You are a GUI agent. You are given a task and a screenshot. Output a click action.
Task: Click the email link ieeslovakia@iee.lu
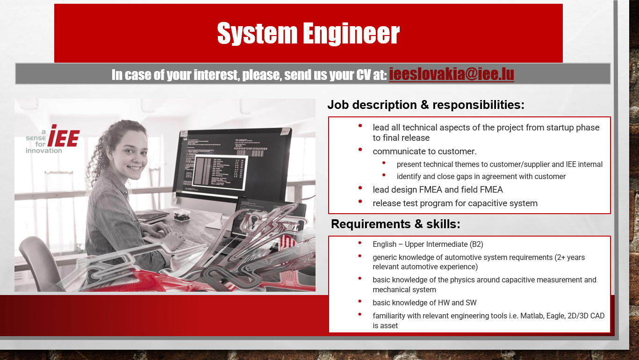coord(451,74)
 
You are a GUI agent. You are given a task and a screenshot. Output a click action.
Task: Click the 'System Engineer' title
coord(309,33)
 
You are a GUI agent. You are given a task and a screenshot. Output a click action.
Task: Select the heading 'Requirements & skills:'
coord(395,224)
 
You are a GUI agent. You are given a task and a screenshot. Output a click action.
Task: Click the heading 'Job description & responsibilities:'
coord(426,105)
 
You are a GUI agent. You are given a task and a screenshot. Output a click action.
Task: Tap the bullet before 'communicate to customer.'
coord(360,150)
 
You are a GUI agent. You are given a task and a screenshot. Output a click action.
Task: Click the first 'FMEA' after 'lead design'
coord(431,190)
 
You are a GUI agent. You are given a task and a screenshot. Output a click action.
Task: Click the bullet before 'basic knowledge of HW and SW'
coord(360,301)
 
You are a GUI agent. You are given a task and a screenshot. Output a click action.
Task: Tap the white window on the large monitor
coord(219,173)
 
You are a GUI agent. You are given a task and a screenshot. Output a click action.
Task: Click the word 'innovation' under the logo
coord(43,151)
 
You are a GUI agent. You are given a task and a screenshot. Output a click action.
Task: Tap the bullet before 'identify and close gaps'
coord(384,175)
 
